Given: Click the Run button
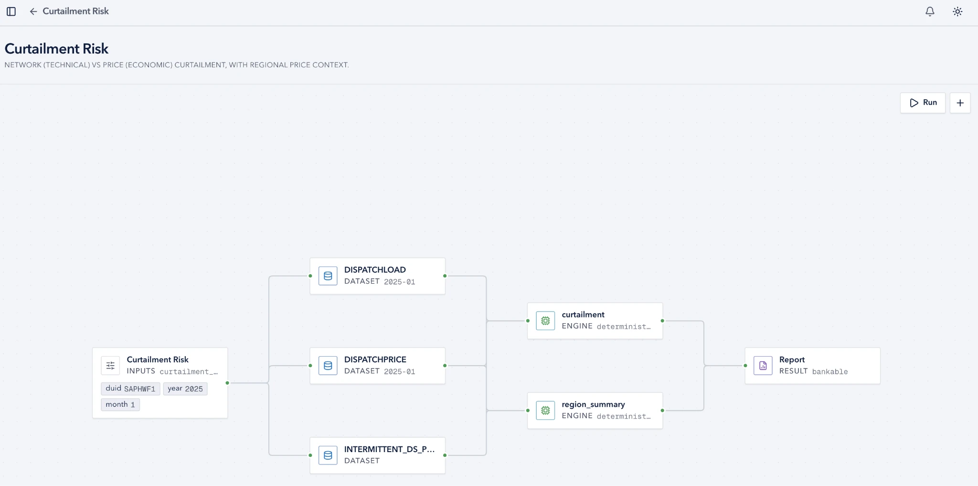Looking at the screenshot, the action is click(x=923, y=103).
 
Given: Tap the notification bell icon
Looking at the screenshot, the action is click(x=930, y=11).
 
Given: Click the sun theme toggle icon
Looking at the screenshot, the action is click(x=957, y=11).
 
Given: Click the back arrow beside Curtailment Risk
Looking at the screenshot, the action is click(x=33, y=11).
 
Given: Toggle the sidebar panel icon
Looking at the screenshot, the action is click(x=11, y=11).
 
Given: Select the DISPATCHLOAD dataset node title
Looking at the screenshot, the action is click(x=375, y=270).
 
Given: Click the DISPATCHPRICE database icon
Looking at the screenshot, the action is click(x=328, y=366).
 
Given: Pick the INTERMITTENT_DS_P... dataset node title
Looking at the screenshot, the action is click(x=389, y=449).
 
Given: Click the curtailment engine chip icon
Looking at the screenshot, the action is click(x=545, y=321).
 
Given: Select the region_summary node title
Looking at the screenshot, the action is click(x=593, y=404).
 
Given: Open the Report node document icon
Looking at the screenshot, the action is click(x=763, y=366).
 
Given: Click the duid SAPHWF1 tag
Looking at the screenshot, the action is click(x=130, y=389).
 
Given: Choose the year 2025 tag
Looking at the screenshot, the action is click(x=185, y=389).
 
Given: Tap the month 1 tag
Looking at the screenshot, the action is click(x=120, y=404).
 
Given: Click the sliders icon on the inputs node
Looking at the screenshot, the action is click(x=110, y=366).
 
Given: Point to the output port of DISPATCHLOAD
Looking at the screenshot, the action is click(x=445, y=276).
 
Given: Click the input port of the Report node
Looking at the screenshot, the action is click(x=745, y=366).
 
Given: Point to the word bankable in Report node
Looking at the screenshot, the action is click(x=830, y=371).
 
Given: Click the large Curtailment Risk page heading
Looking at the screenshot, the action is click(x=56, y=49).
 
